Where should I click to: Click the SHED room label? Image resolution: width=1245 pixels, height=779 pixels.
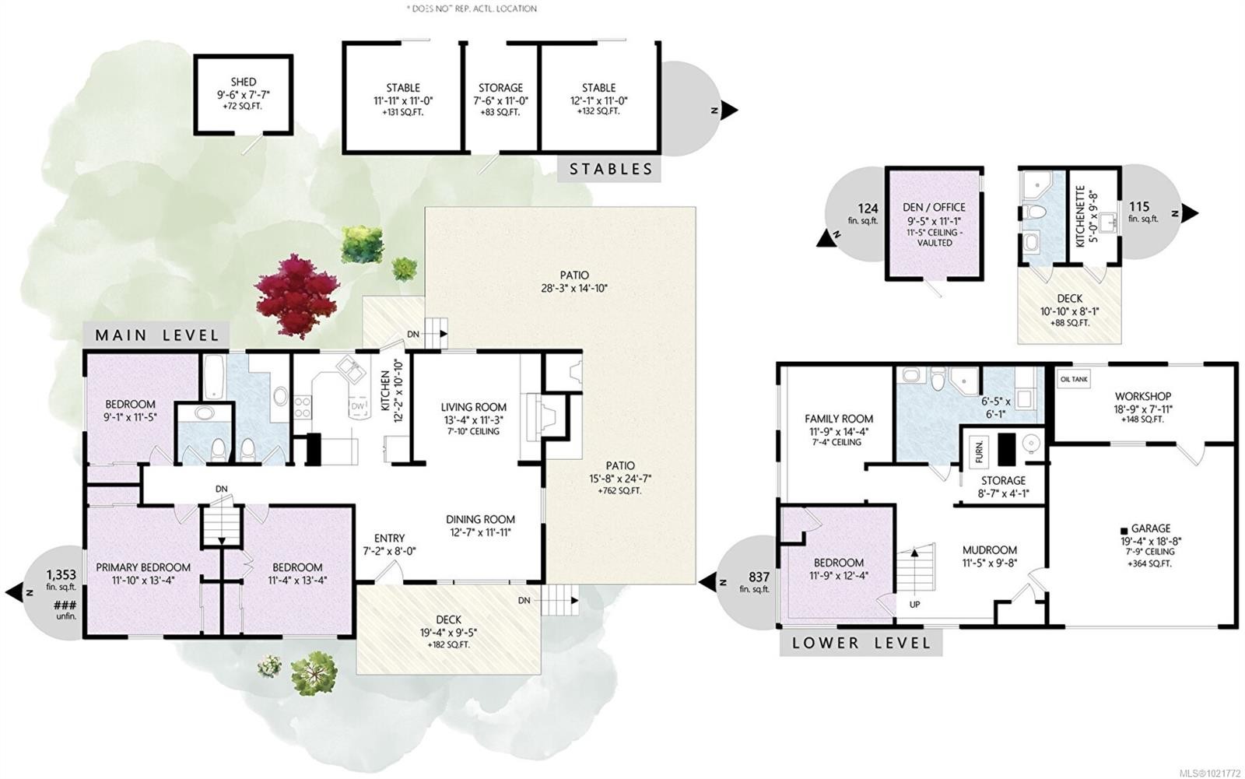[243, 82]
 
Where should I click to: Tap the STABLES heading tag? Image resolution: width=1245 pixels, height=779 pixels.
[610, 169]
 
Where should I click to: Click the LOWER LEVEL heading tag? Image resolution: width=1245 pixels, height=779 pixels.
[861, 644]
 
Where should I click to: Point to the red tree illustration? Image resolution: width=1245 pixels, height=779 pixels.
[296, 296]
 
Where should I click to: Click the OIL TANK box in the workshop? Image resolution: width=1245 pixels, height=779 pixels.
[1074, 379]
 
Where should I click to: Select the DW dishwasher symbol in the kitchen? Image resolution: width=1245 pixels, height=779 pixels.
[358, 406]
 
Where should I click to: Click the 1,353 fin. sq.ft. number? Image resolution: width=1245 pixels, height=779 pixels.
[61, 575]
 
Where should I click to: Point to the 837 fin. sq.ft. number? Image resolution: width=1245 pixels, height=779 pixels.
[759, 577]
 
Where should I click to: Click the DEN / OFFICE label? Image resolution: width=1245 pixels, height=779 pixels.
[935, 207]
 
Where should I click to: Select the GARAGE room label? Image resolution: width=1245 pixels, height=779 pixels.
[1151, 528]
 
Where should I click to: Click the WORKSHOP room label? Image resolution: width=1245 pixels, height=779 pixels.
[1142, 396]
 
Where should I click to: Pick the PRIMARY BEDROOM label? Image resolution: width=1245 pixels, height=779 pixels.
[143, 567]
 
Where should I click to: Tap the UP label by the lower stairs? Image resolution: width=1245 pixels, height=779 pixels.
[914, 603]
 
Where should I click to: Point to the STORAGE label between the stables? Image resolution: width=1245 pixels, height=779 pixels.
[500, 88]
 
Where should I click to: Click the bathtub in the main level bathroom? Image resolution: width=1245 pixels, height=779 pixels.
[214, 377]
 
